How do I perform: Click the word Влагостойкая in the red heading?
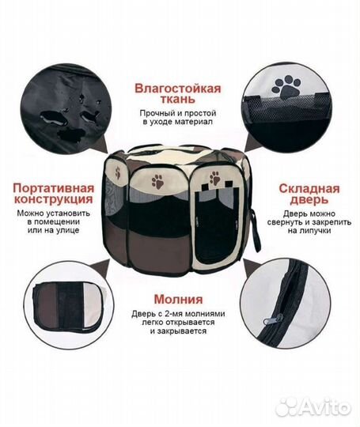tap(178, 89)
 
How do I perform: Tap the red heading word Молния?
tap(179, 299)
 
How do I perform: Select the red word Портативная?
tap(54, 188)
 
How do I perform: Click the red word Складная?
tap(309, 189)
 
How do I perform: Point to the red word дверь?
tap(309, 200)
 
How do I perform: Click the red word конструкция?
tap(54, 199)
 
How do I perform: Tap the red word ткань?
tap(178, 100)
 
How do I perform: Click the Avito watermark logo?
tap(313, 408)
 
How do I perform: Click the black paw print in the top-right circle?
tap(286, 88)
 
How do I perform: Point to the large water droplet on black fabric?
tap(54, 118)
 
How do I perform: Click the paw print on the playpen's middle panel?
tap(157, 182)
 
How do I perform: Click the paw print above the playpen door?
tap(215, 178)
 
